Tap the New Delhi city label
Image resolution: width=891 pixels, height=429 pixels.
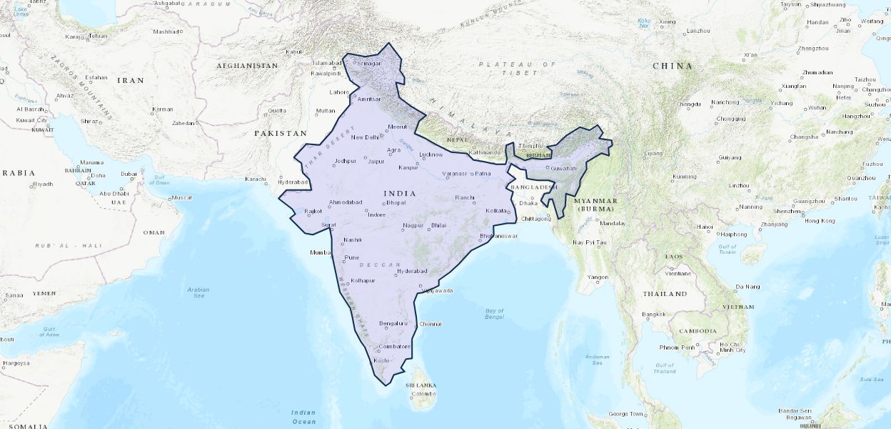tap(364, 137)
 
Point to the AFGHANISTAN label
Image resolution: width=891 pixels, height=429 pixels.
tap(247, 66)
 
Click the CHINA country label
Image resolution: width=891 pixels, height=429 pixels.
tap(673, 66)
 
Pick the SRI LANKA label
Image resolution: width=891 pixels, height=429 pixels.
tap(421, 385)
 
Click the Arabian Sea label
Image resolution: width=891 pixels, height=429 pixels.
tap(198, 292)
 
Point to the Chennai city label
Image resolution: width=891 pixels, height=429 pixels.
tap(431, 324)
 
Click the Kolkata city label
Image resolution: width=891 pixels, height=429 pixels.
tap(495, 211)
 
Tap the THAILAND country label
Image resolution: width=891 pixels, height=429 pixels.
tap(664, 294)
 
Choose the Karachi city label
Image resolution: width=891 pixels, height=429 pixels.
tap(255, 179)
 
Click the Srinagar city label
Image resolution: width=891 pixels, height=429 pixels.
tap(368, 63)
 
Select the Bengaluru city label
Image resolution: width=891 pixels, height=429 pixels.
tap(393, 323)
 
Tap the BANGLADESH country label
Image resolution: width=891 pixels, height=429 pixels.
tap(532, 187)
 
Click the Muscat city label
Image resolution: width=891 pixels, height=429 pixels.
tap(182, 197)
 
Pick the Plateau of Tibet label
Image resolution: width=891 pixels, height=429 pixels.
tap(517, 69)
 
